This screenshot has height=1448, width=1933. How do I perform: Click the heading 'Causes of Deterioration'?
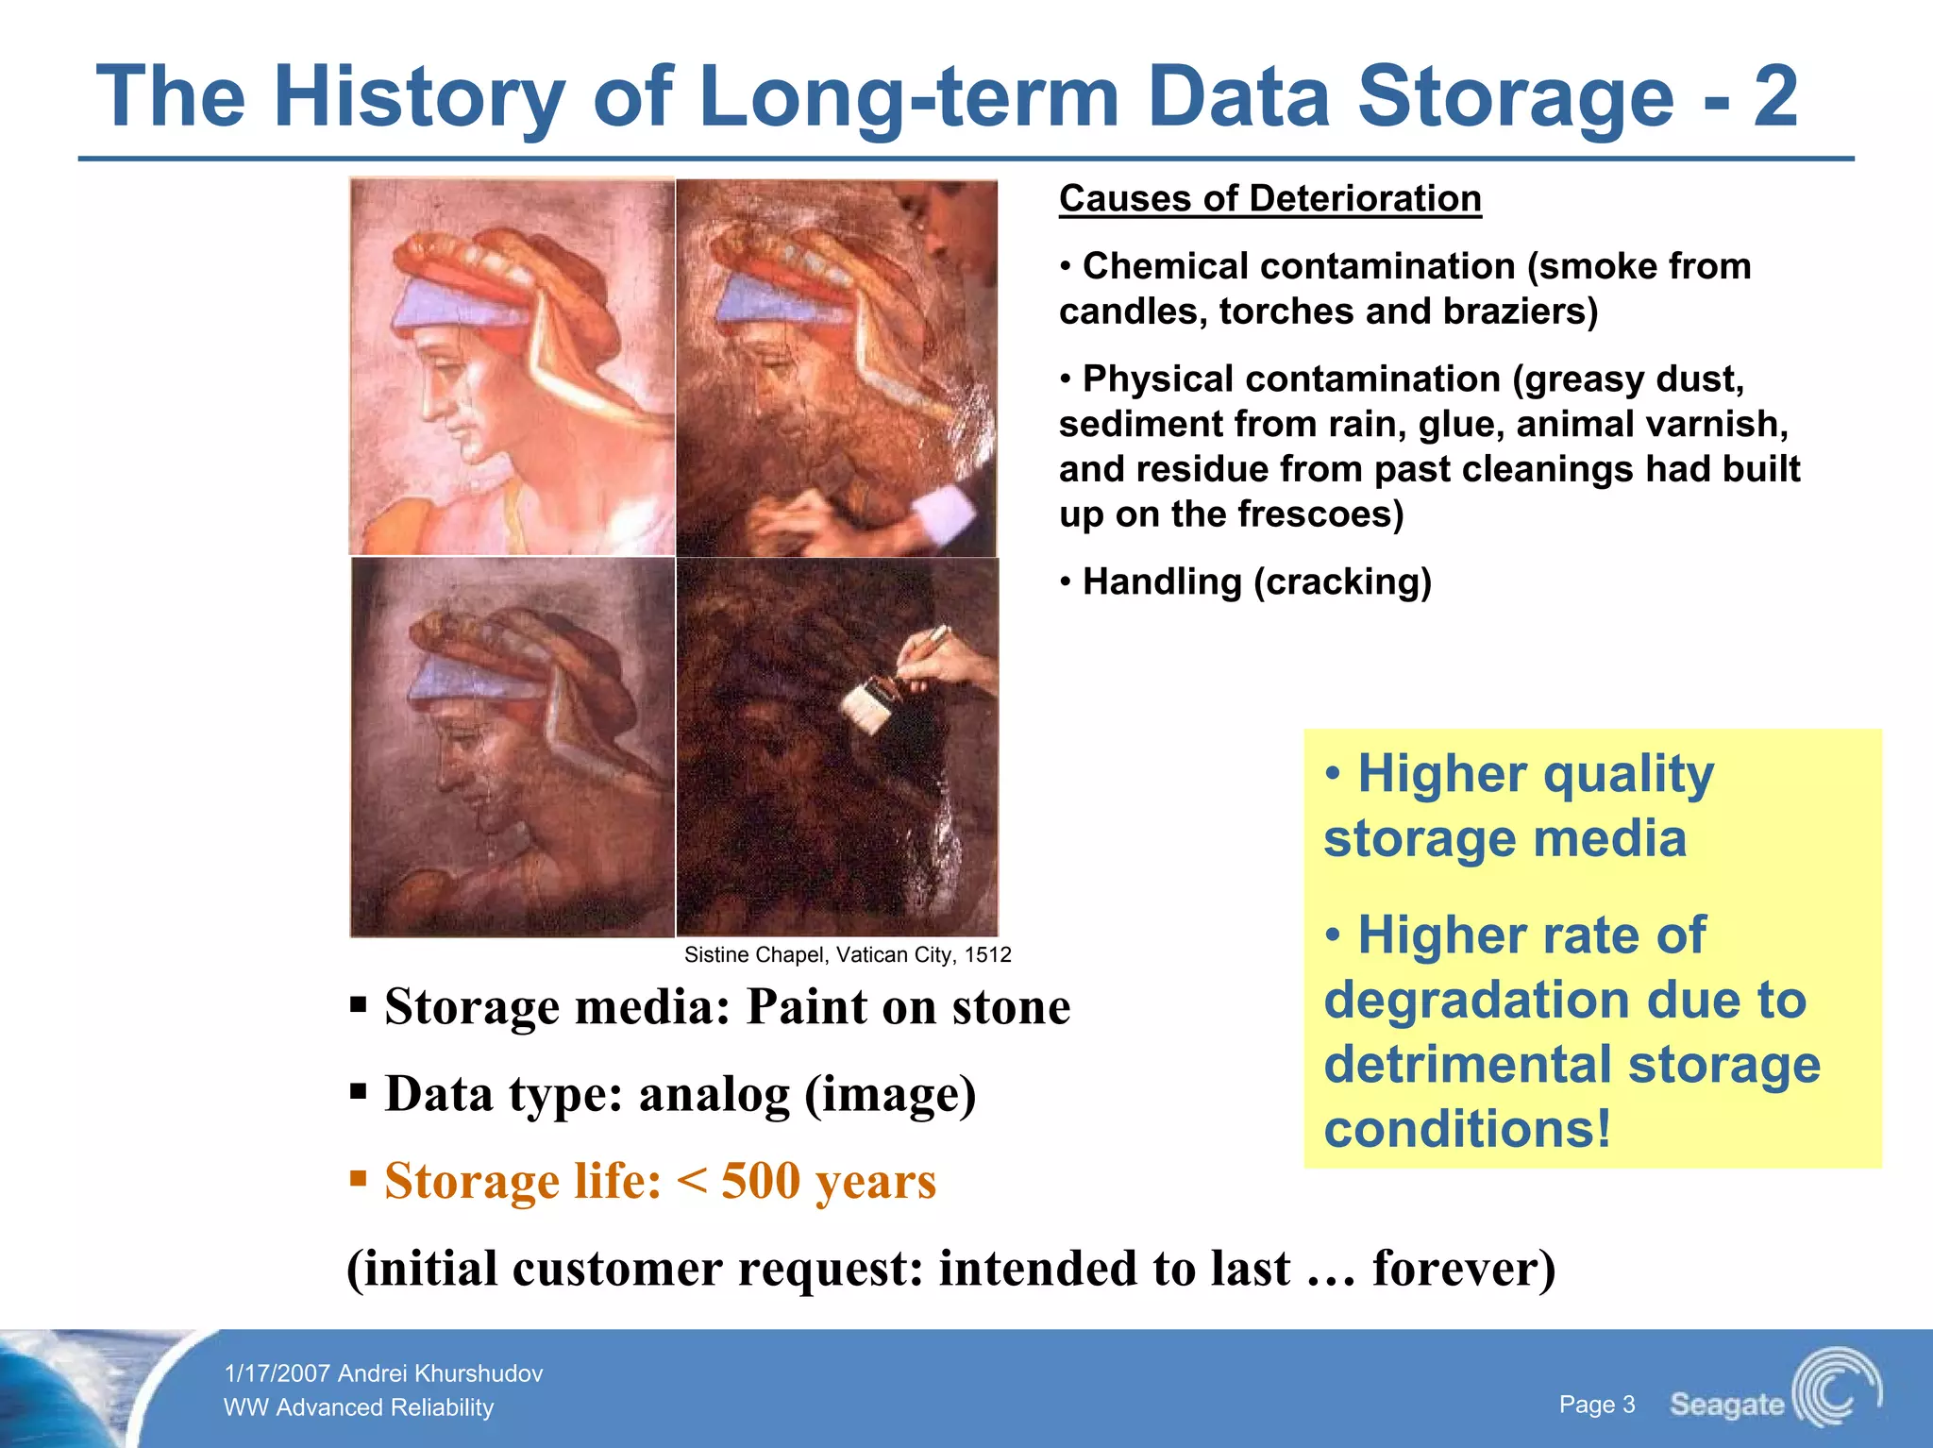[x=1269, y=199]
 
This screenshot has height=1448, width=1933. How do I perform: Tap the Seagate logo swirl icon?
[x=1836, y=1388]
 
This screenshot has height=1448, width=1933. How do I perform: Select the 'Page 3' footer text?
[x=1596, y=1405]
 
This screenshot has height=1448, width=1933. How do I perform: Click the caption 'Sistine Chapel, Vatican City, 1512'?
[x=847, y=954]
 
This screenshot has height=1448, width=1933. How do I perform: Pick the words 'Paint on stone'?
[x=908, y=1006]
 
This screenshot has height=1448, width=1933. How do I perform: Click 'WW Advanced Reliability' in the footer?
[x=359, y=1407]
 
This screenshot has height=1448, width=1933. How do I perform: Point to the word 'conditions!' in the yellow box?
[x=1468, y=1129]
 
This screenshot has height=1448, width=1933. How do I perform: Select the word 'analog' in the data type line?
[x=714, y=1094]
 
